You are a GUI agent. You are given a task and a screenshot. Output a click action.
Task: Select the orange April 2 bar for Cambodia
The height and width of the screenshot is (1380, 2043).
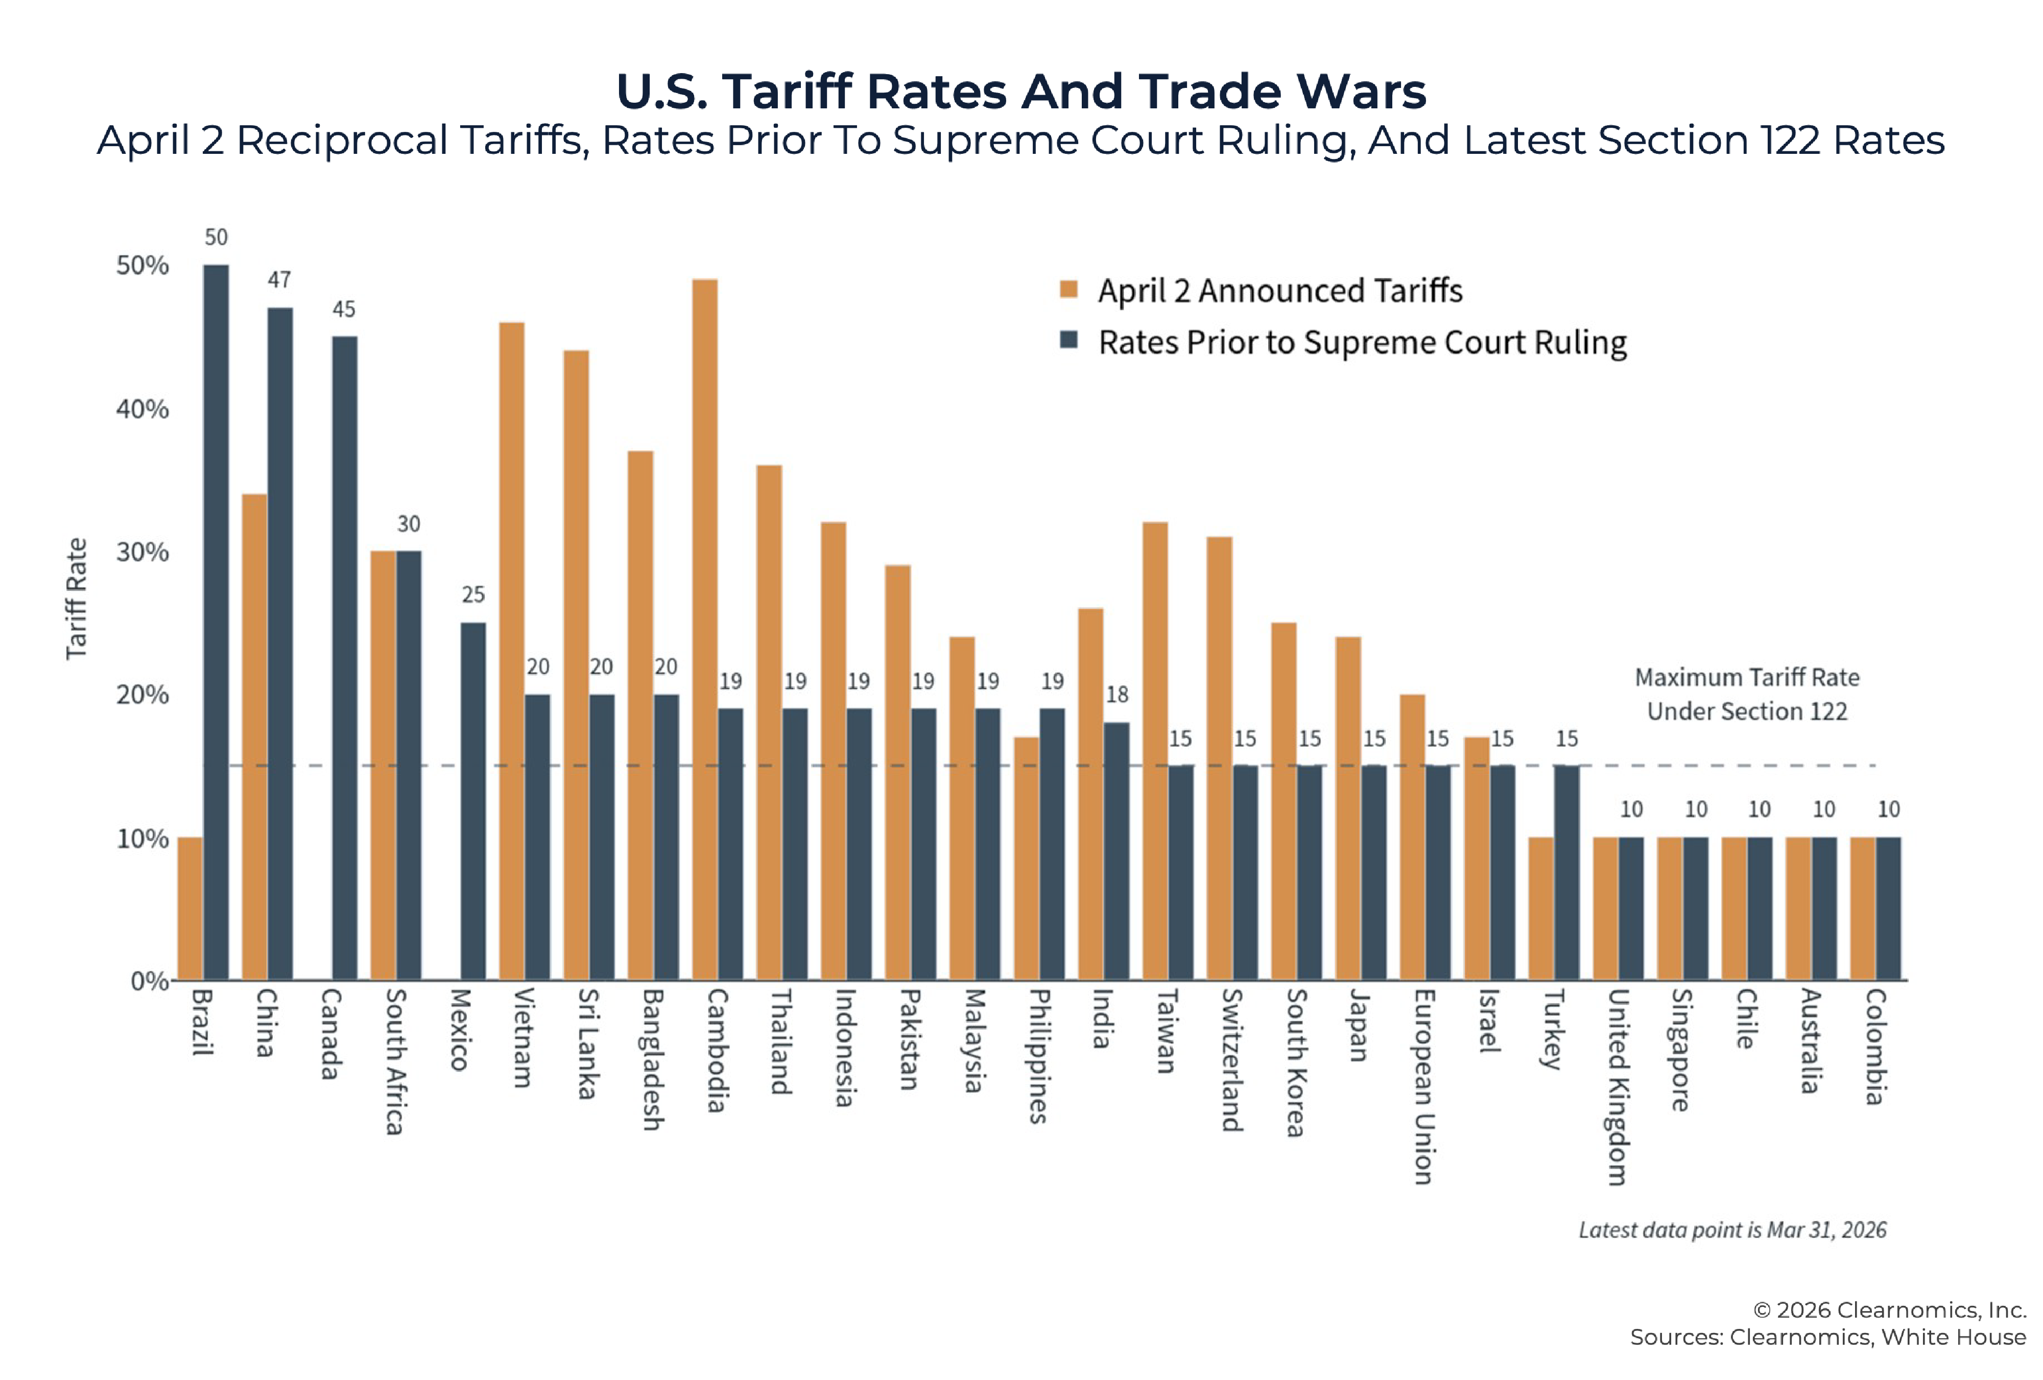(x=705, y=629)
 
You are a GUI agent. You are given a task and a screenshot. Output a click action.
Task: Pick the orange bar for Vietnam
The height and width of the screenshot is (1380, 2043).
(x=512, y=651)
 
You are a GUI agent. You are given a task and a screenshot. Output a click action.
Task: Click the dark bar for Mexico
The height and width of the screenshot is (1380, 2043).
(x=473, y=800)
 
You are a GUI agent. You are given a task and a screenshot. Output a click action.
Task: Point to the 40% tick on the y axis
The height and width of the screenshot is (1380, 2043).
(x=142, y=409)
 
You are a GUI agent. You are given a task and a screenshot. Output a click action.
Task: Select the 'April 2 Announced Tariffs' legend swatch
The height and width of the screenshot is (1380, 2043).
(x=1069, y=289)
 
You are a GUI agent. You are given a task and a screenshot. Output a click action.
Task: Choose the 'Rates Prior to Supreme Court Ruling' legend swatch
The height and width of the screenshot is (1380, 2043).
(x=1069, y=340)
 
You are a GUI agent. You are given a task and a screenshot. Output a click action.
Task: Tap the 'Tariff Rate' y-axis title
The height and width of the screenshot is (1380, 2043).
(x=77, y=598)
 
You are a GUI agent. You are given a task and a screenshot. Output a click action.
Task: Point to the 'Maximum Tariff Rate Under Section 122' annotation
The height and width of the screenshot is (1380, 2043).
(x=1747, y=694)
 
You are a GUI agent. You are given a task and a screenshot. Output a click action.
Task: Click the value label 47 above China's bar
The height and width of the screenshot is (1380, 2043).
(x=279, y=280)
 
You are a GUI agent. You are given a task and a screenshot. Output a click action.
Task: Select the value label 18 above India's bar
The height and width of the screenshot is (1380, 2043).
(x=1116, y=695)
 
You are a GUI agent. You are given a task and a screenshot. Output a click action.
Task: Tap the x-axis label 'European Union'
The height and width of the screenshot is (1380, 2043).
(x=1424, y=1086)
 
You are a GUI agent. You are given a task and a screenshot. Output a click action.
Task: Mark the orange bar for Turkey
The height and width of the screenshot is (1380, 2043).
(x=1541, y=909)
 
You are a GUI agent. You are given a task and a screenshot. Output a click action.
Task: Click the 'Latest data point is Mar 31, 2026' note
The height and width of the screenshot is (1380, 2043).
(x=1732, y=1230)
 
